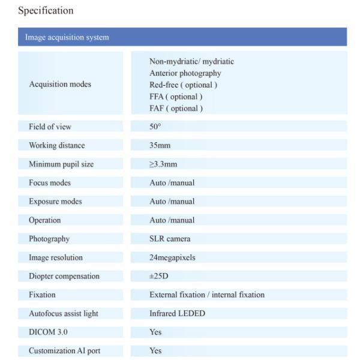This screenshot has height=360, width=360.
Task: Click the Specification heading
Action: pos(47,10)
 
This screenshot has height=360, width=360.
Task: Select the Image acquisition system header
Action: pos(67,38)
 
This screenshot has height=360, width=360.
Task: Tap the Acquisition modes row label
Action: pos(60,85)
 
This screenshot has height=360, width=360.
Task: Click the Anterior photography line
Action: pos(185,73)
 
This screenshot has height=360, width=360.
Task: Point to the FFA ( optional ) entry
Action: pos(176,97)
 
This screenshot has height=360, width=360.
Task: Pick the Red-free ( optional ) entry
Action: pos(183,85)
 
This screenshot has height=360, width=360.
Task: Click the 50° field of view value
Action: pos(155,127)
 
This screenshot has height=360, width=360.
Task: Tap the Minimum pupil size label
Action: pos(61,164)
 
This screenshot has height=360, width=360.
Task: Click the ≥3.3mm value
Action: pos(163,164)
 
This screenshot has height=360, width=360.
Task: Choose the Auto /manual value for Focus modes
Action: pos(172,182)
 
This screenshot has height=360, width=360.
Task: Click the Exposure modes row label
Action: pos(55,201)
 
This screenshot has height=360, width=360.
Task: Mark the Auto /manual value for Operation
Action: pos(172,220)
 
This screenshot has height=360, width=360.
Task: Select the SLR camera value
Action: pos(170,239)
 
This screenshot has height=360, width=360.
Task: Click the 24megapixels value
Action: pos(172,257)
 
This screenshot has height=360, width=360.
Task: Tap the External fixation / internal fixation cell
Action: pos(206,295)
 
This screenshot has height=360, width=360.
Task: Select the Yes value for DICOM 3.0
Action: pos(155,332)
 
